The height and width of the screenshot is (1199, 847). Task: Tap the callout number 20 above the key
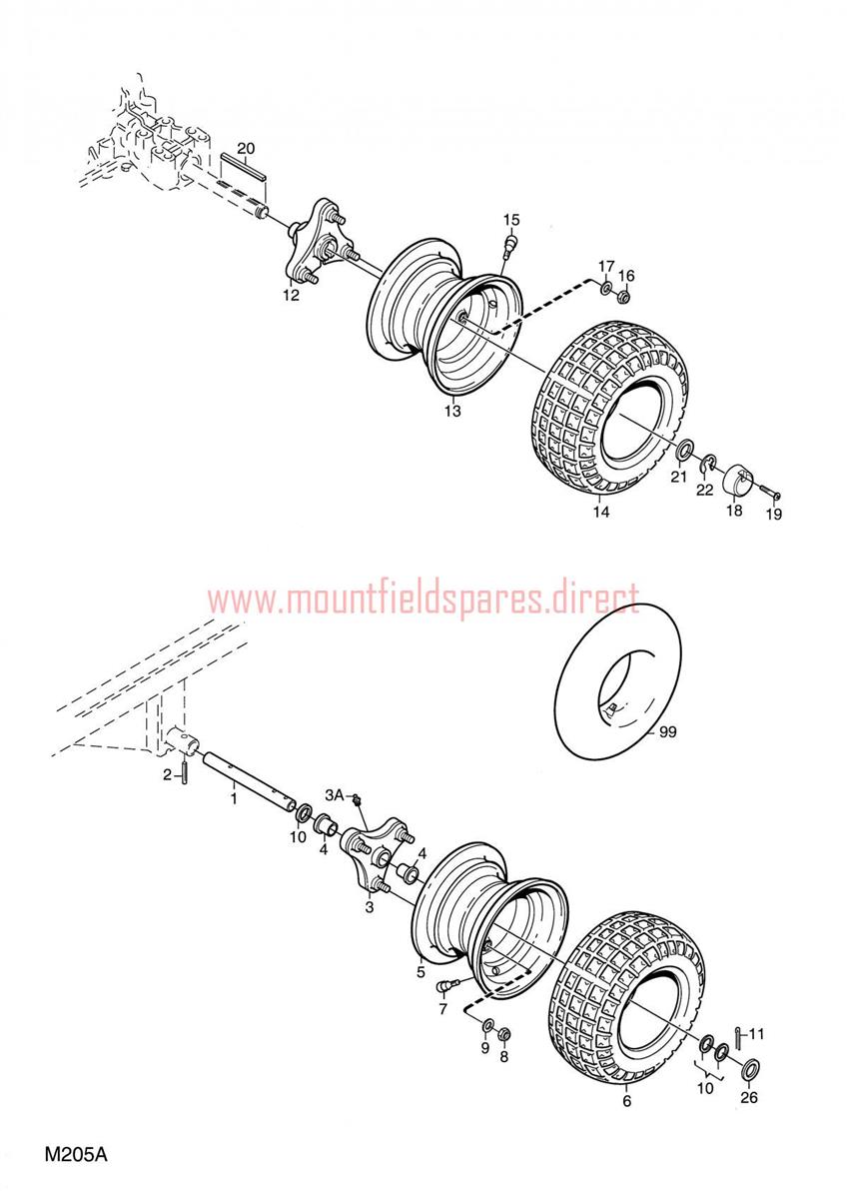pyautogui.click(x=246, y=149)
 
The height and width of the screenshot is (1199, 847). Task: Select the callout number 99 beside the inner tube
pyautogui.click(x=668, y=731)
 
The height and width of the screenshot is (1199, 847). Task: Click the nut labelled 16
pyautogui.click(x=623, y=296)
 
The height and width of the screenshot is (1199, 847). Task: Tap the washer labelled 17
pyautogui.click(x=606, y=289)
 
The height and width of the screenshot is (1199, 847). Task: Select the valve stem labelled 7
pyautogui.click(x=448, y=982)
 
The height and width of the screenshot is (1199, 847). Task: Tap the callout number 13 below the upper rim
pyautogui.click(x=452, y=411)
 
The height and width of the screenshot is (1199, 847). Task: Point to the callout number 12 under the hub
pyautogui.click(x=291, y=295)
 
